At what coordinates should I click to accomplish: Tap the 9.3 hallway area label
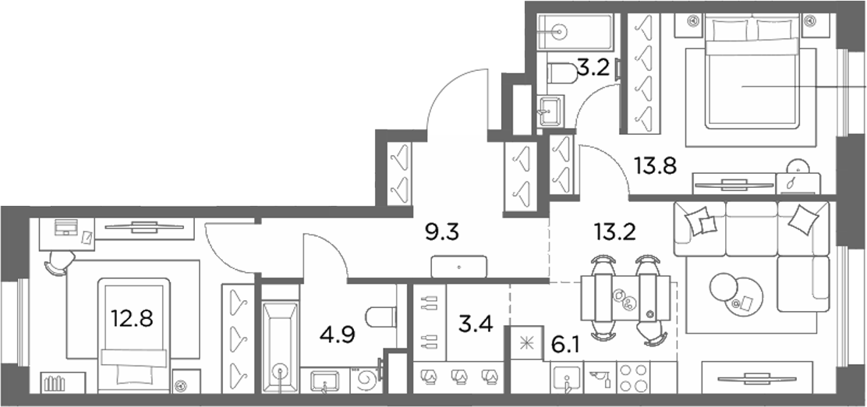pyautogui.click(x=442, y=233)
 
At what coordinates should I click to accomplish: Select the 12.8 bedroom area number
pyautogui.click(x=132, y=319)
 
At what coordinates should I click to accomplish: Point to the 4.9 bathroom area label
pyautogui.click(x=338, y=334)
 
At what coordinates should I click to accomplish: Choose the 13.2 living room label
pyautogui.click(x=614, y=232)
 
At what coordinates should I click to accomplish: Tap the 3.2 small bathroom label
pyautogui.click(x=593, y=68)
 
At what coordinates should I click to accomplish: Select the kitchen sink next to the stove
pyautogui.click(x=566, y=377)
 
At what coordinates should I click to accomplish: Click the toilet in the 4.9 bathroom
pyautogui.click(x=382, y=317)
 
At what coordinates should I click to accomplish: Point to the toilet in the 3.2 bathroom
pyautogui.click(x=562, y=73)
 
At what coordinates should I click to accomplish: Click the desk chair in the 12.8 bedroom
pyautogui.click(x=59, y=262)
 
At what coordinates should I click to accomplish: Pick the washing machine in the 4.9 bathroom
pyautogui.click(x=366, y=380)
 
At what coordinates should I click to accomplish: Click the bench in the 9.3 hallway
pyautogui.click(x=459, y=267)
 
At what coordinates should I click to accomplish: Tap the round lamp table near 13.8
pyautogui.click(x=798, y=166)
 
